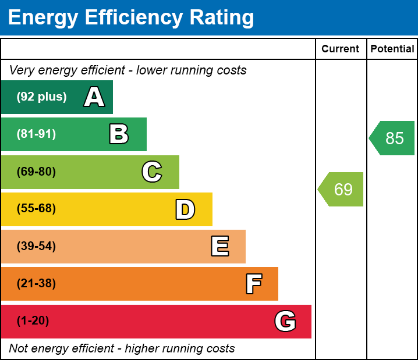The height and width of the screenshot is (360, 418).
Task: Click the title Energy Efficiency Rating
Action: tap(131, 17)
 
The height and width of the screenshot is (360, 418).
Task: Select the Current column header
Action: tap(341, 49)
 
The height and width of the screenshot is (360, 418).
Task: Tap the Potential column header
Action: tap(392, 49)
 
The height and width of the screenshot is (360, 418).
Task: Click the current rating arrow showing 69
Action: tap(342, 189)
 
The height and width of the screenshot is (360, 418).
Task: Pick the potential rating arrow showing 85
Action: tap(393, 138)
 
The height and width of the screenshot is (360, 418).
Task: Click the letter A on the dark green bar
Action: tap(94, 97)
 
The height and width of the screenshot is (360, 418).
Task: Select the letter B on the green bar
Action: tap(119, 134)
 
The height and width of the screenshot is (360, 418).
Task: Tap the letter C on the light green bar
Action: tap(151, 172)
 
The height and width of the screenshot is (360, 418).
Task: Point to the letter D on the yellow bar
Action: tap(185, 209)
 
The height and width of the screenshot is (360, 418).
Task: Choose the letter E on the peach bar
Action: tap(219, 247)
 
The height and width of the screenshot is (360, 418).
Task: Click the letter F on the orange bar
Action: tap(253, 284)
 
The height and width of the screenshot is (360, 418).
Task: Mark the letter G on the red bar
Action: tap(285, 321)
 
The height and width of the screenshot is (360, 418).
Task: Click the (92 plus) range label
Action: tap(41, 97)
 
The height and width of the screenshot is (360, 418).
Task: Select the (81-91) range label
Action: tap(36, 134)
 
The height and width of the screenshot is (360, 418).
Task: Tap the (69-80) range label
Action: tap(36, 172)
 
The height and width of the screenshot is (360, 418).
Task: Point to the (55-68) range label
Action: tap(36, 209)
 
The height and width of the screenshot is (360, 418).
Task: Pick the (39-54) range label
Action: tap(36, 246)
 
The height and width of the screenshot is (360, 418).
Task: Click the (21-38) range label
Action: tap(36, 284)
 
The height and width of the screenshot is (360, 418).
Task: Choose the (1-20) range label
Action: tap(33, 321)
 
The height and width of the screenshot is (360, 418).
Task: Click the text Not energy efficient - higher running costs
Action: tap(122, 348)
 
